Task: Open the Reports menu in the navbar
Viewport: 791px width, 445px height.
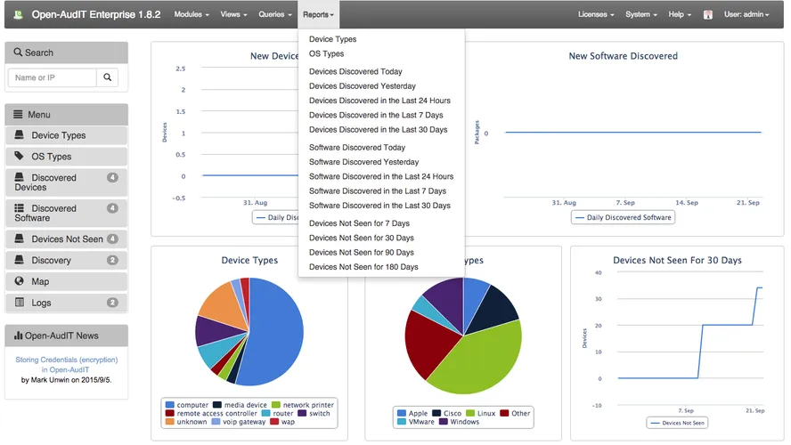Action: coord(318,14)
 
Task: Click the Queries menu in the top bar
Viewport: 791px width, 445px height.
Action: coord(273,14)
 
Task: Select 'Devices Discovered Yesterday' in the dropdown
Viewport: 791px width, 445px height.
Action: coord(362,86)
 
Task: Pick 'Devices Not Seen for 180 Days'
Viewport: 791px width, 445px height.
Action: coord(363,267)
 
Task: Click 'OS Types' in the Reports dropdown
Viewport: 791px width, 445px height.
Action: coord(326,54)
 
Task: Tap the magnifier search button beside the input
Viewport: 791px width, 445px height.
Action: coord(107,78)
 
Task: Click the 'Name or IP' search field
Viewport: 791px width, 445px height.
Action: coord(52,78)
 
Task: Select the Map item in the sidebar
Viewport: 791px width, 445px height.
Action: coord(40,282)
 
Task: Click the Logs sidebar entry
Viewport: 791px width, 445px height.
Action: coord(41,303)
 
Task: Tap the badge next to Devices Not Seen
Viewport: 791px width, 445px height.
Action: coord(112,239)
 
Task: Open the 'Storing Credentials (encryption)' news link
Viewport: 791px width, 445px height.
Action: coord(66,365)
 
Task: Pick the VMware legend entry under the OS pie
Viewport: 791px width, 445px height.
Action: coord(420,422)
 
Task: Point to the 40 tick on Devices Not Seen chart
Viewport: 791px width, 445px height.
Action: coord(598,273)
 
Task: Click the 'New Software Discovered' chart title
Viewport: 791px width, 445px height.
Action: coord(623,56)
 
